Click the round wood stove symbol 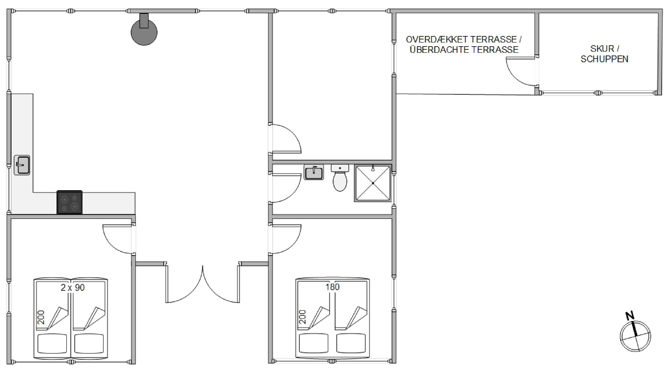pos(144,32)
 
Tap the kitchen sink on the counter pos(22,165)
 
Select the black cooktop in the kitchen pos(70,202)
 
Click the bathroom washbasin pos(314,172)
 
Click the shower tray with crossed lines pos(373,183)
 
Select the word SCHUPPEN pos(604,59)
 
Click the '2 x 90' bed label pos(73,288)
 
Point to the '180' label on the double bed pos(332,287)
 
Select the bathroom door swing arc pos(293,193)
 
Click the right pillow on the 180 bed pos(351,343)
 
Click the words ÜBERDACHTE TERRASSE pos(464,49)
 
